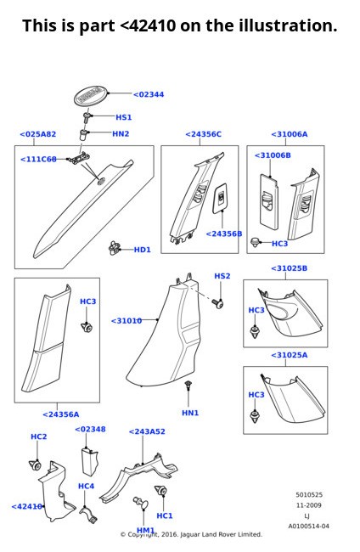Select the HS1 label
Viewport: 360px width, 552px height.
[x=123, y=117]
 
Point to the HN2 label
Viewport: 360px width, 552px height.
[x=121, y=133]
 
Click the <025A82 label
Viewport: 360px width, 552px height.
[x=37, y=134]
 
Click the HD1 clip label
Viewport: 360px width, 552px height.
[x=142, y=250]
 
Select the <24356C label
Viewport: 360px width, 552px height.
[x=203, y=134]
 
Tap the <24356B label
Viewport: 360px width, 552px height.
[x=224, y=234]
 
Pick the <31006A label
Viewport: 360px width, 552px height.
[x=289, y=134]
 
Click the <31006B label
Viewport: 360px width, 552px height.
[x=272, y=155]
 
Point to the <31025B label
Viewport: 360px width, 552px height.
[x=289, y=268]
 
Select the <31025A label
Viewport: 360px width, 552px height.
[x=289, y=355]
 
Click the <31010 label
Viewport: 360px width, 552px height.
[x=127, y=321]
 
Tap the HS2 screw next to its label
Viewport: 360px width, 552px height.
[x=218, y=302]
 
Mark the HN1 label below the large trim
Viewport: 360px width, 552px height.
[x=190, y=413]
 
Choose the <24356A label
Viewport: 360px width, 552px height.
[x=60, y=414]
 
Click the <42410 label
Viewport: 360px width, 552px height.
[x=27, y=506]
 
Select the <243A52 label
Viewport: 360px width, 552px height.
[x=147, y=431]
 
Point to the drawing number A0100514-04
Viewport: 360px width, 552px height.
[x=308, y=526]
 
